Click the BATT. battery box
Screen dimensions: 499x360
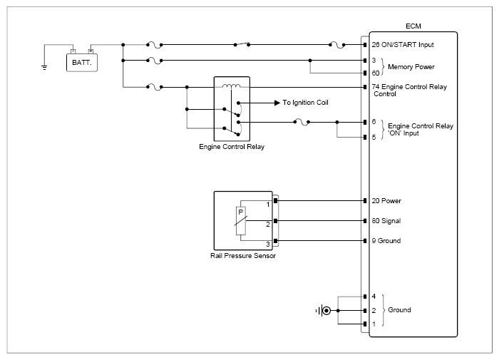82,63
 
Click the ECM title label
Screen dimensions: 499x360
413,26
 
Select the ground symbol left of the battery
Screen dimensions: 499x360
44,67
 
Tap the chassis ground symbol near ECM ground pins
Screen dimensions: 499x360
324,310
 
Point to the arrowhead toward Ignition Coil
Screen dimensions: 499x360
277,103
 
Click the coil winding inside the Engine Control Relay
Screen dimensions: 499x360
232,86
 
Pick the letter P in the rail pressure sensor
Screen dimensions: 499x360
241,212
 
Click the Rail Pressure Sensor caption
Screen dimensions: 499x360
243,256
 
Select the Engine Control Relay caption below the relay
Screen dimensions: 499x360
232,147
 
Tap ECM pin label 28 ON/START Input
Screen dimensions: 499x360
403,45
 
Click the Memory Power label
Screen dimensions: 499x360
411,67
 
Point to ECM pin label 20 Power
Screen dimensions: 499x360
386,201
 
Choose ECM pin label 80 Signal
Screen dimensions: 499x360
386,221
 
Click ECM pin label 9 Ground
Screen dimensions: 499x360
386,241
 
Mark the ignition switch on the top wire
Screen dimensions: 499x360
242,44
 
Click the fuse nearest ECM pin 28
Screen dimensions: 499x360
337,45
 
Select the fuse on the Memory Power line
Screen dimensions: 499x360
155,61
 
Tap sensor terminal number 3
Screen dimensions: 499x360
268,244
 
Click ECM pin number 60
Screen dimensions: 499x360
376,73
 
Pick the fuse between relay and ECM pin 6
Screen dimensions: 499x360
302,122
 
